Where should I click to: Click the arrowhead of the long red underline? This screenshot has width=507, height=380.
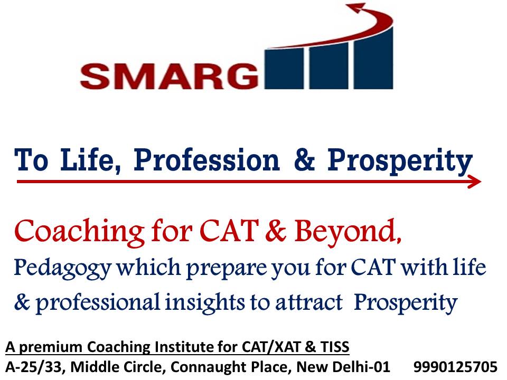coord(475,182)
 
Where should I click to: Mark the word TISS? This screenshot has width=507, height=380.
coord(335,347)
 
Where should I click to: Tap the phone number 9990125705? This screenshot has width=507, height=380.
coord(455,366)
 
